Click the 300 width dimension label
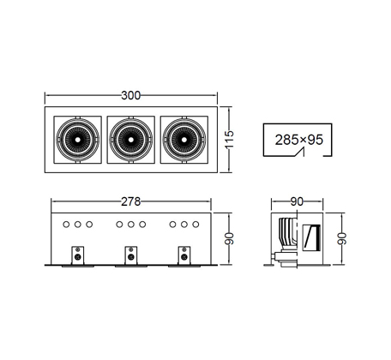point(131,95)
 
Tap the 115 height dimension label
point(229,139)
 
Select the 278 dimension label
point(131,201)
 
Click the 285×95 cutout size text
point(298,140)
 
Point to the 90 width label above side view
point(297,201)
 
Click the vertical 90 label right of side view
point(342,239)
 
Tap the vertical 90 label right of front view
point(229,239)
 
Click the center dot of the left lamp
point(78,140)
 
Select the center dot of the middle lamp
point(131,140)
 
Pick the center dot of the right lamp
point(184,140)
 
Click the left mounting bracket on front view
point(78,255)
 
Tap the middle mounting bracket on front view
point(131,255)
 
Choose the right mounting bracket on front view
point(184,255)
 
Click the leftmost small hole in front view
point(66,225)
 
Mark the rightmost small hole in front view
point(195,225)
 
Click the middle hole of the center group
point(131,225)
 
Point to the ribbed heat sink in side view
point(288,234)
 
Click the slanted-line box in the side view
point(311,237)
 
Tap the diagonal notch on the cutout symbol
point(300,152)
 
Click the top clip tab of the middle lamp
point(131,117)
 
